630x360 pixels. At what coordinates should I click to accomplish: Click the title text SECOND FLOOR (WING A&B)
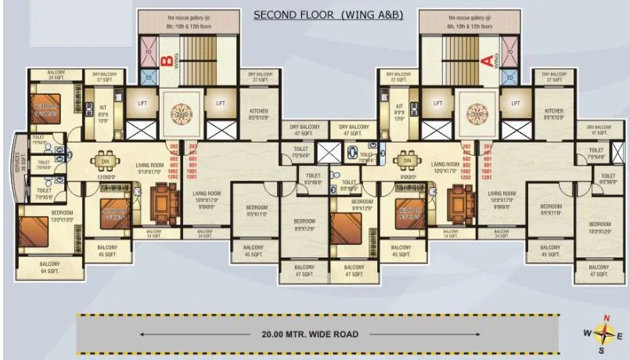(x=328, y=15)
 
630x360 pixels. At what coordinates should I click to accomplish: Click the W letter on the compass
(x=586, y=334)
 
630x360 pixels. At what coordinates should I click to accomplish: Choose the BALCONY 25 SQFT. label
(x=56, y=75)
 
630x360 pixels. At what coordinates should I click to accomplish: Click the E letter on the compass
(x=620, y=334)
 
